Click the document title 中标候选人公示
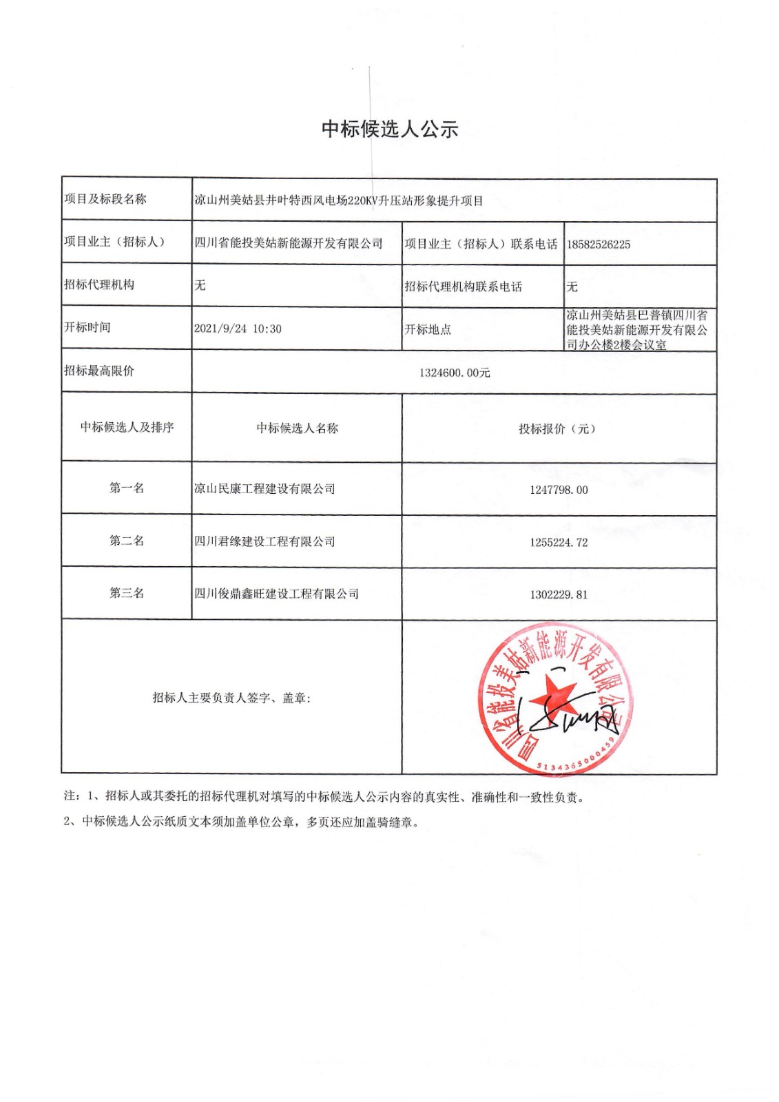(390, 129)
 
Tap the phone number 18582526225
(598, 245)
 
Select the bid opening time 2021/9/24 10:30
(238, 329)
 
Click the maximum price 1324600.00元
(455, 373)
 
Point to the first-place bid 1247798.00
(559, 490)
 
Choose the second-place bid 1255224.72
(559, 543)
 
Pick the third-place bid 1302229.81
(559, 594)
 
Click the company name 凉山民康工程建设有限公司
(264, 489)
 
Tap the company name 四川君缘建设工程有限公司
(264, 541)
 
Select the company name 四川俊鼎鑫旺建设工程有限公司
(276, 594)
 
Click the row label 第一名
(127, 488)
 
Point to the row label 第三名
(127, 593)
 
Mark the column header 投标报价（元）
(557, 429)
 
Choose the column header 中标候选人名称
(297, 428)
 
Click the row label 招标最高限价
(99, 371)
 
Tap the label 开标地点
(428, 329)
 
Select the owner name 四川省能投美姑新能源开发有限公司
(289, 243)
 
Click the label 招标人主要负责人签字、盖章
(231, 698)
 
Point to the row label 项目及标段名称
(105, 199)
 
